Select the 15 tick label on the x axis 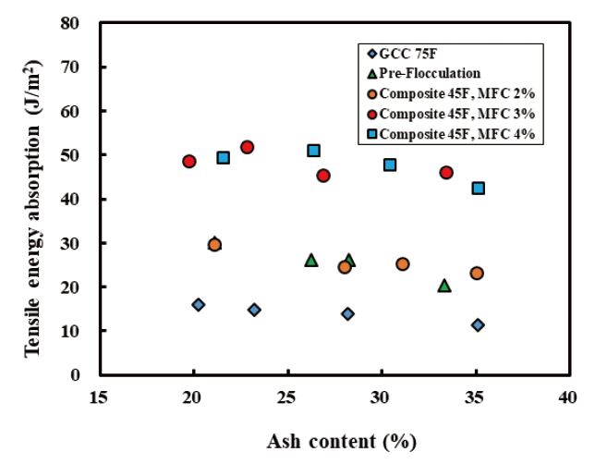tap(98, 398)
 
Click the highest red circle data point tap(247, 147)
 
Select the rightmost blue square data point tap(478, 188)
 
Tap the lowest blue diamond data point tap(478, 325)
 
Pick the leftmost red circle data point tap(189, 161)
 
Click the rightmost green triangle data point tap(444, 286)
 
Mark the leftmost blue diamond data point tap(198, 304)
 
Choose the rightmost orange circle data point tap(477, 273)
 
